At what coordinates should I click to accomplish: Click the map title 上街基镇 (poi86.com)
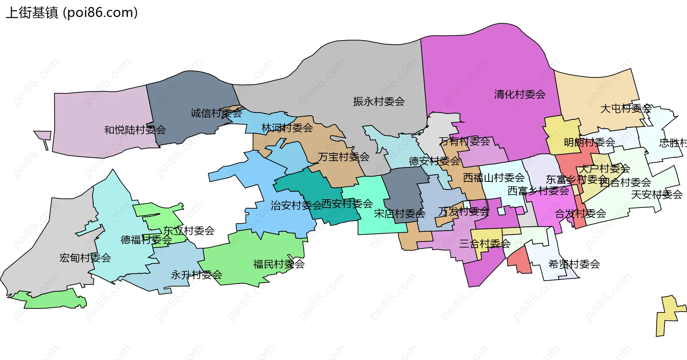pos(72,13)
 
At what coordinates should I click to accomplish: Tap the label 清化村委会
pos(520,94)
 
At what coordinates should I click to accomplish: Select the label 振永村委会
pos(379,102)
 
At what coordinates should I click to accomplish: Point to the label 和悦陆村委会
pos(135,130)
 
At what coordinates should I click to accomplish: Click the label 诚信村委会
pos(216,113)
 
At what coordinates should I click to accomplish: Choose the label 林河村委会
pos(287,128)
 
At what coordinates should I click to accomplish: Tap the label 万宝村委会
pos(343,157)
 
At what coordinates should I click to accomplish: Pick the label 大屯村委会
pos(625,108)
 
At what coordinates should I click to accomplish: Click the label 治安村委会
pos(296,205)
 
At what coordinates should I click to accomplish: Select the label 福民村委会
pos(279,264)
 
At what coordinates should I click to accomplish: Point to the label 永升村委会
pos(196,275)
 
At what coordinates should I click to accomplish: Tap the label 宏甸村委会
pos(85,258)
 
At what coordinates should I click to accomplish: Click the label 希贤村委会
pos(574,264)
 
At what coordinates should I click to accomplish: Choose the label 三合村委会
pos(484,244)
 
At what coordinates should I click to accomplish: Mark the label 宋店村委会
pos(399,214)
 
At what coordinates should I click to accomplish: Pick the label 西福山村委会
pos(493,177)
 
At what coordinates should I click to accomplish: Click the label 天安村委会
pos(657,194)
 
